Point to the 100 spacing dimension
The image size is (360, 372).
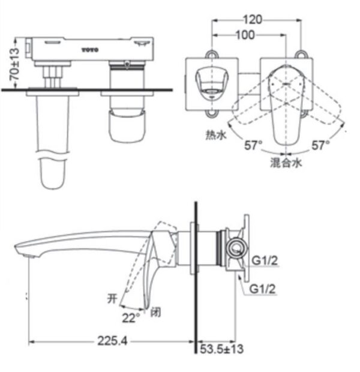click(245, 35)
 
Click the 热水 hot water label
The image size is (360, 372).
click(214, 136)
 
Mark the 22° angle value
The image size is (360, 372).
click(131, 314)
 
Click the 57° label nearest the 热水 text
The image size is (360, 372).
click(253, 145)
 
